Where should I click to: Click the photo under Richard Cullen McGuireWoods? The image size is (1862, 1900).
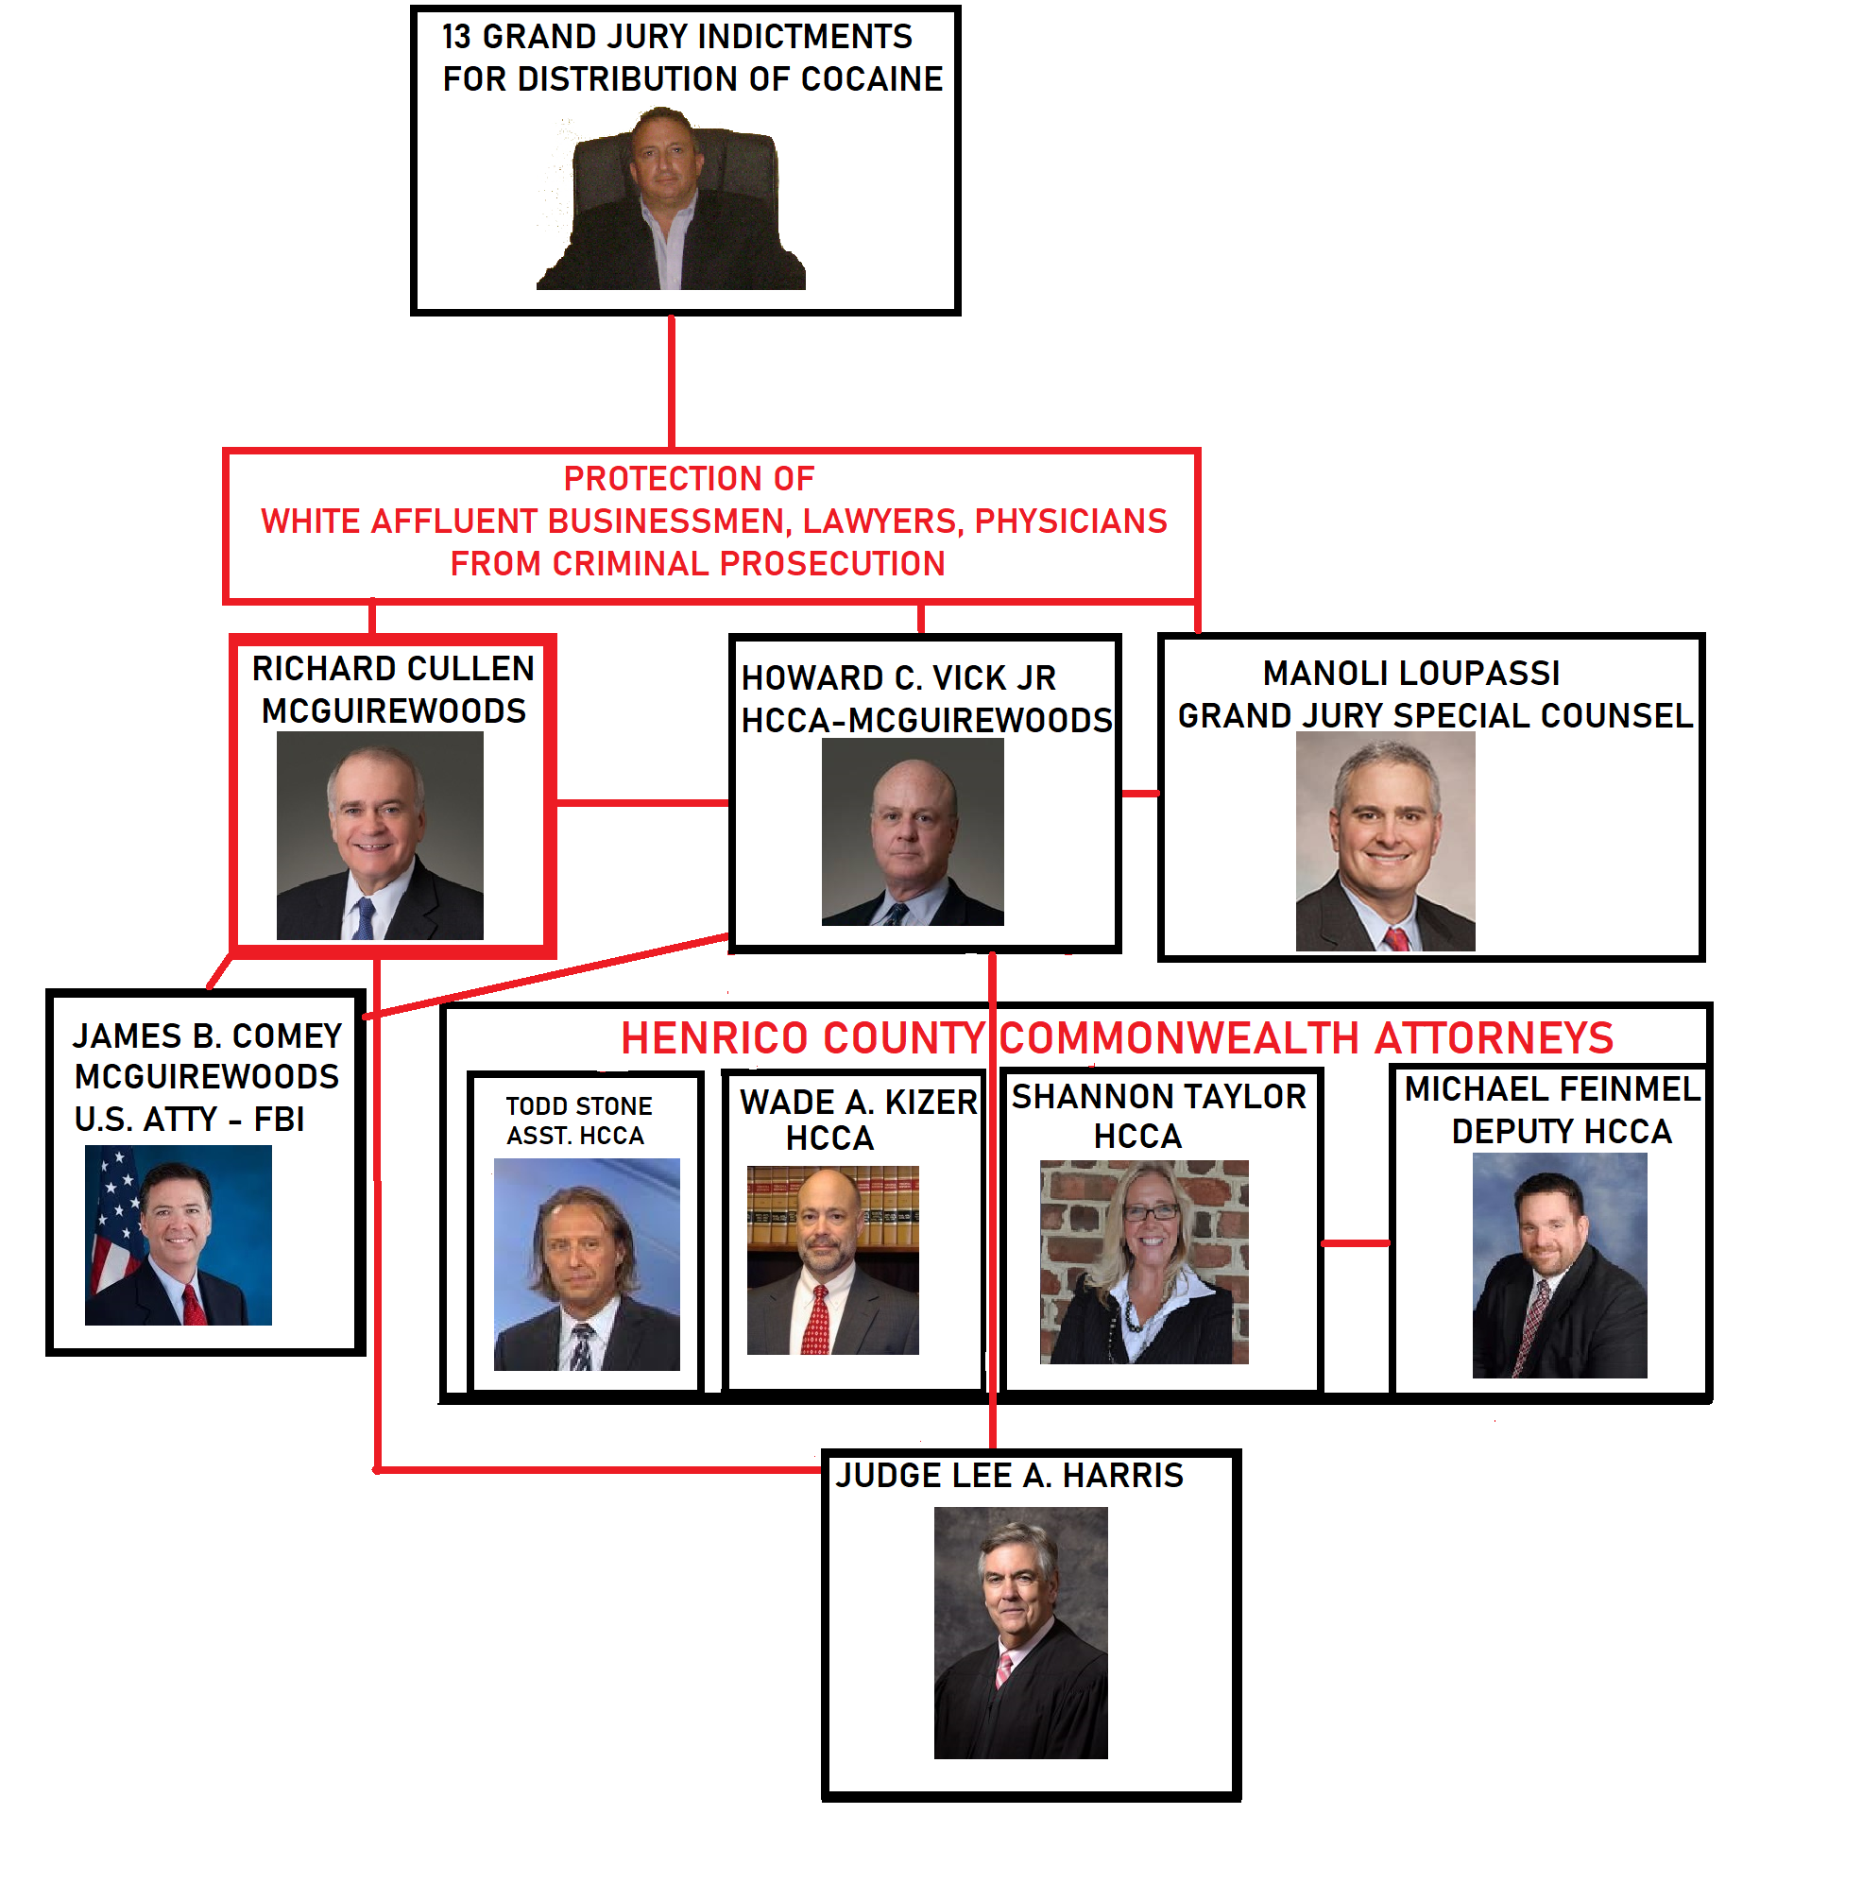(x=380, y=835)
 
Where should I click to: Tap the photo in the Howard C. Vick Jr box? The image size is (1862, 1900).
(x=913, y=831)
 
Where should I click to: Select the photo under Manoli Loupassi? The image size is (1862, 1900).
(x=1385, y=841)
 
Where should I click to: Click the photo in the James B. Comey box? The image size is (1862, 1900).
(x=178, y=1235)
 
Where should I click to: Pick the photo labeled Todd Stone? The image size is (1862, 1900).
(x=587, y=1263)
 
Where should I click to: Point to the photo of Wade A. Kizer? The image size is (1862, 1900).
(x=832, y=1259)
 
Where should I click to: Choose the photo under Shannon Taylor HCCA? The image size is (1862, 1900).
(x=1143, y=1261)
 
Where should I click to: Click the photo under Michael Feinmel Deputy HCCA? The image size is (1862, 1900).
(x=1559, y=1264)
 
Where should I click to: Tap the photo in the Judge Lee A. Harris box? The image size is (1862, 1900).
(x=1020, y=1632)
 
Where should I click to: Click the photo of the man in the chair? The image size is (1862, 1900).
(x=671, y=200)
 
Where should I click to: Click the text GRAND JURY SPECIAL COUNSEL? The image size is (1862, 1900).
(x=1435, y=716)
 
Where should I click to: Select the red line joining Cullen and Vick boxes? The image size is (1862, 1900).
(x=642, y=803)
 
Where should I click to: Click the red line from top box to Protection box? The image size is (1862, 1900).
(x=672, y=382)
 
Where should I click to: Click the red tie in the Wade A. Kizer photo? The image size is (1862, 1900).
(x=816, y=1320)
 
